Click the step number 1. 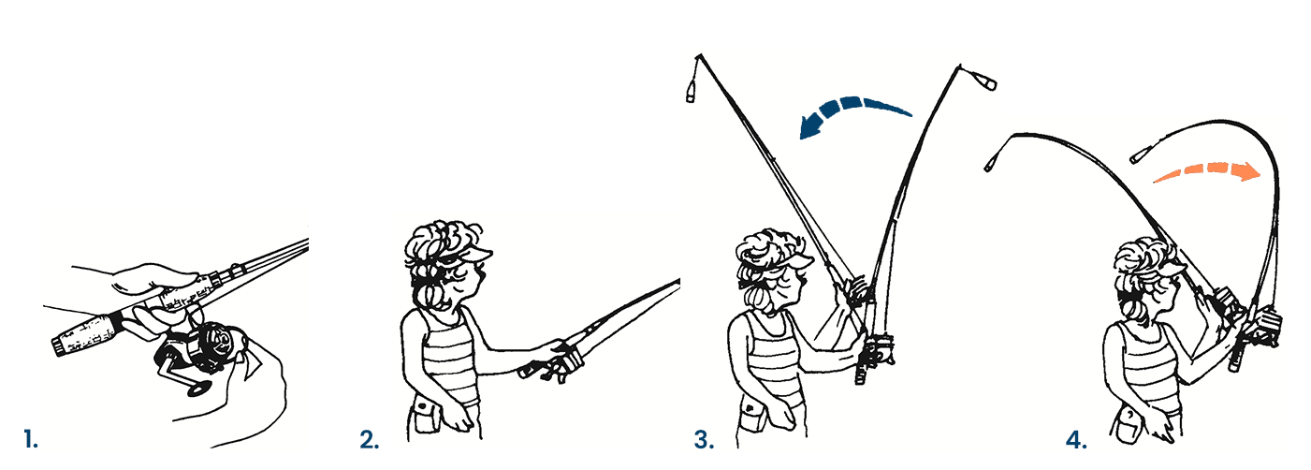31,438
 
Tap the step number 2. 370,439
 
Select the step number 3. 704,439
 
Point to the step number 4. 1076,439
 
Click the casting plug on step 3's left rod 692,94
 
